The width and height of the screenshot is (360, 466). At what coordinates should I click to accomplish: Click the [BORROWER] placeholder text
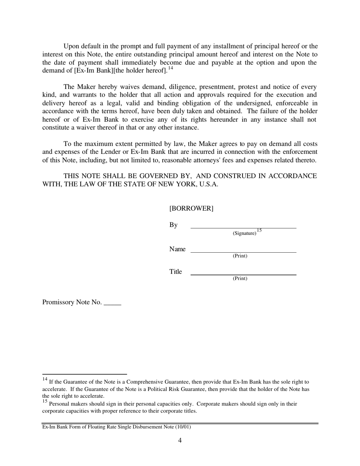point(191,208)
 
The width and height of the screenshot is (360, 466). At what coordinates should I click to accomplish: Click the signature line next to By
point(243,228)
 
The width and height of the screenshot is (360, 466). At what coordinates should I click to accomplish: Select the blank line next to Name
point(243,252)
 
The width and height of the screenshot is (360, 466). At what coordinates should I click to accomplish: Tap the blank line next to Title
point(243,274)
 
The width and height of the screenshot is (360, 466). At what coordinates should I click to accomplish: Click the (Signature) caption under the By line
point(244,233)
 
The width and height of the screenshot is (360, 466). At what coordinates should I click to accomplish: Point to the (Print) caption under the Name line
point(240,256)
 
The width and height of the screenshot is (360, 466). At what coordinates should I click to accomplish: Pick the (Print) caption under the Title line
point(240,278)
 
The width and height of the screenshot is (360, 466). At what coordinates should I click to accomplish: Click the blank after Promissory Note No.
point(112,304)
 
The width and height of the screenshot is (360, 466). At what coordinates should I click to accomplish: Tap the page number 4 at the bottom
point(180,440)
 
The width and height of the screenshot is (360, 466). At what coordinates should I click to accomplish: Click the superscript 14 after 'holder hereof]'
point(171,68)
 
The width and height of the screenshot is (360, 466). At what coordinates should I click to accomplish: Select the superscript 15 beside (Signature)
point(259,230)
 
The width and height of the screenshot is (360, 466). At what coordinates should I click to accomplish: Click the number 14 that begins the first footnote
point(45,379)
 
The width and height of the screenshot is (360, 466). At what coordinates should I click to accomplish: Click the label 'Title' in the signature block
point(175,272)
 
